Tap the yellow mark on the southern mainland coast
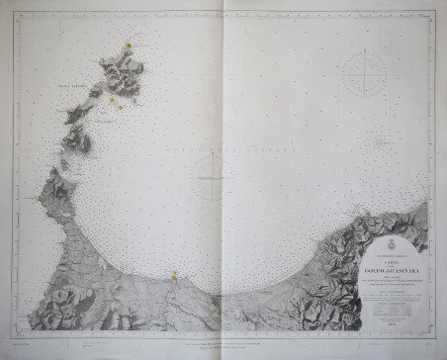[174, 275]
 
